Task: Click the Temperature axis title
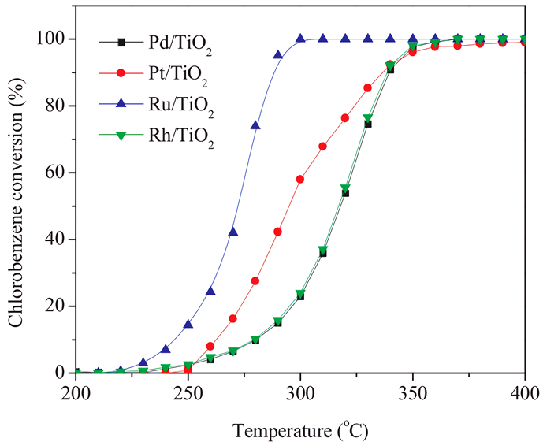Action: click(300, 426)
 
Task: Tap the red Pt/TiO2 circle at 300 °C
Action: click(300, 179)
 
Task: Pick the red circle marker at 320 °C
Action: click(345, 118)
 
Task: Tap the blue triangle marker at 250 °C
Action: click(188, 324)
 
